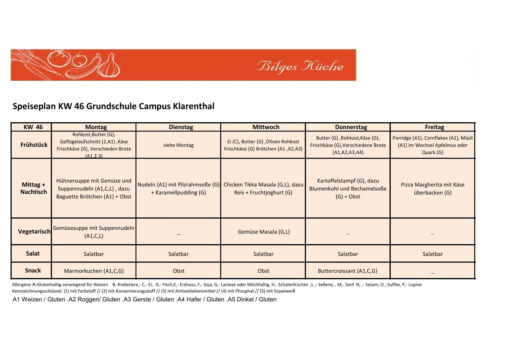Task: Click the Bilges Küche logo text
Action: (x=300, y=66)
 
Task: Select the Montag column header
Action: (x=96, y=127)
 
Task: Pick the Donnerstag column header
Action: (x=351, y=127)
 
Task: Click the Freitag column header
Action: (x=434, y=127)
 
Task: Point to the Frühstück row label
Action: (x=34, y=145)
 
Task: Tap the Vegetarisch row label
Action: (x=34, y=232)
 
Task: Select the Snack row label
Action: (x=33, y=270)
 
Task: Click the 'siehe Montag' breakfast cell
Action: (x=178, y=145)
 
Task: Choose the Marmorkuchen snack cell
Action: (x=94, y=271)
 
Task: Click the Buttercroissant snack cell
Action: (x=347, y=271)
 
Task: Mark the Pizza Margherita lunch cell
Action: (x=432, y=188)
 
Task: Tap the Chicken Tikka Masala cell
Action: (x=263, y=188)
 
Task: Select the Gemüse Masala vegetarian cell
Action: (x=264, y=232)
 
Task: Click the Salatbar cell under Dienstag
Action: (x=178, y=254)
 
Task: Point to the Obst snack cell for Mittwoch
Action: (x=263, y=271)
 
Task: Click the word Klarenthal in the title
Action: (x=194, y=106)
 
